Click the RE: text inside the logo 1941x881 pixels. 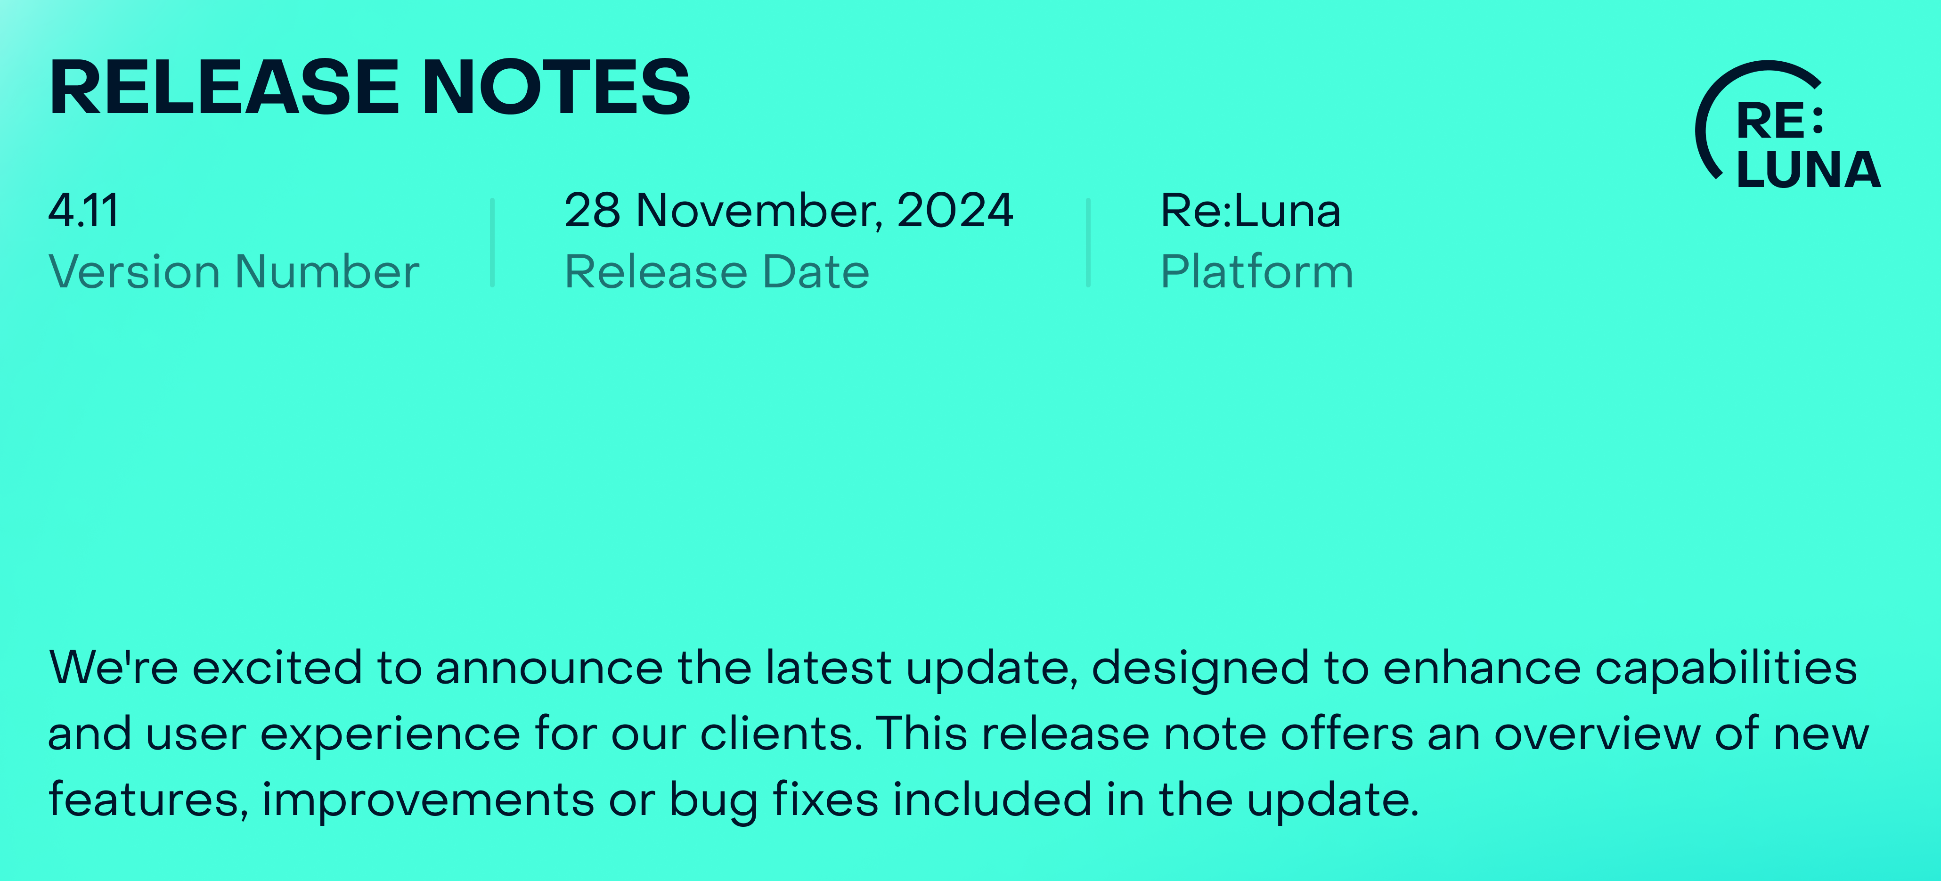pos(1780,121)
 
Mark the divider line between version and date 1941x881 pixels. pos(492,243)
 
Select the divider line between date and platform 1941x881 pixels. pos(1088,243)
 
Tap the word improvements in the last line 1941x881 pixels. pos(428,801)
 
